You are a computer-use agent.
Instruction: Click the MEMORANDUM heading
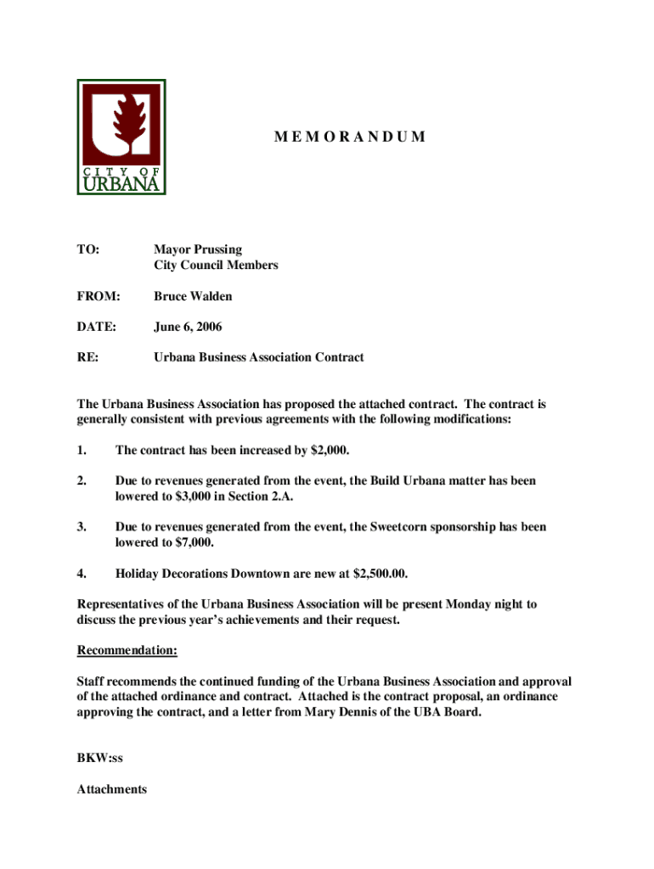[x=349, y=137]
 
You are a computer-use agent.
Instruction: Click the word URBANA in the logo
[x=121, y=184]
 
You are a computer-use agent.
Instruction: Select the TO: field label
[x=88, y=249]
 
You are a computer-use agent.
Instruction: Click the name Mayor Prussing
[x=197, y=249]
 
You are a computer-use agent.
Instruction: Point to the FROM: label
[x=99, y=296]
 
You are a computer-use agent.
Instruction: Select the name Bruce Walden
[x=193, y=296]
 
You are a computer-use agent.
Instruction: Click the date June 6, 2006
[x=189, y=327]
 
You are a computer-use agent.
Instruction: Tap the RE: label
[x=87, y=357]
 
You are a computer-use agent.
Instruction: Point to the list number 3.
[x=81, y=527]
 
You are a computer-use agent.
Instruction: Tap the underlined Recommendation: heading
[x=127, y=651]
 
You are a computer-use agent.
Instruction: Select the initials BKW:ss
[x=100, y=759]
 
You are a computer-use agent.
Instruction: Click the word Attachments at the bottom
[x=112, y=789]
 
